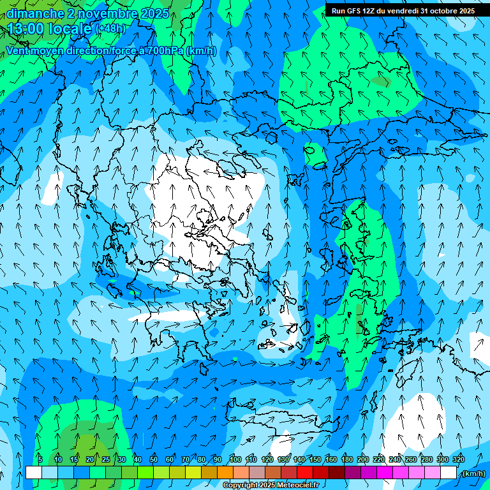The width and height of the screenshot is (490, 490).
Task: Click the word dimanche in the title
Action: (35, 13)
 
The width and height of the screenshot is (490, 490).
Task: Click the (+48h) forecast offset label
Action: (110, 29)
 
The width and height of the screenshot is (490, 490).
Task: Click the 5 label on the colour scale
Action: (40, 459)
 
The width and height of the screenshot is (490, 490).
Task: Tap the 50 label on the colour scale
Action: (154, 459)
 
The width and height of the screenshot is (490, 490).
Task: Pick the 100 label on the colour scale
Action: (235, 459)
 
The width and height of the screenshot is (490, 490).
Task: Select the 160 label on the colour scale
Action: (331, 459)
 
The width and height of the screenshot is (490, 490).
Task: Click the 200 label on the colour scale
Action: (363, 459)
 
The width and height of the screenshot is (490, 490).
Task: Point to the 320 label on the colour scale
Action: (459, 459)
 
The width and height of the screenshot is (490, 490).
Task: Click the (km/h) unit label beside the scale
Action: (474, 473)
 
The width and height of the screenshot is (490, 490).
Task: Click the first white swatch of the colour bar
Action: (33, 473)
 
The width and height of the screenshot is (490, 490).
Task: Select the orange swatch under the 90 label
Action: (225, 473)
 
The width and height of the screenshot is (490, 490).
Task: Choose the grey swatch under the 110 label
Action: (256, 473)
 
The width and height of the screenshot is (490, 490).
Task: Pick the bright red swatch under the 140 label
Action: (304, 473)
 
